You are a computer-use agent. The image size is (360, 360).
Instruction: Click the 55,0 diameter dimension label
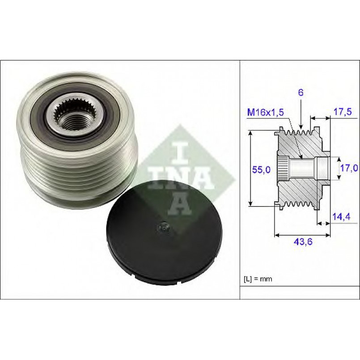point(261,169)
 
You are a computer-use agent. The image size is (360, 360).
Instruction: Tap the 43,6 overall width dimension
point(303,241)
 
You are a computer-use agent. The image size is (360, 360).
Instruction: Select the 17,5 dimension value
point(342,112)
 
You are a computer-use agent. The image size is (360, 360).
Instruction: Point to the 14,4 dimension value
point(342,216)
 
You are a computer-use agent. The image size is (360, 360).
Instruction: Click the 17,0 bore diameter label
point(349,168)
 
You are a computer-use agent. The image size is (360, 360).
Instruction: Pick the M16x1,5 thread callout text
point(265,112)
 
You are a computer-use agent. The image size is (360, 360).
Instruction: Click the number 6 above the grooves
point(301,92)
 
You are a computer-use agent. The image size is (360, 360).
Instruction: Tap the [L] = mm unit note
point(258,279)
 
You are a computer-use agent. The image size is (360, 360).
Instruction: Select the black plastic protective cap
point(165,233)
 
